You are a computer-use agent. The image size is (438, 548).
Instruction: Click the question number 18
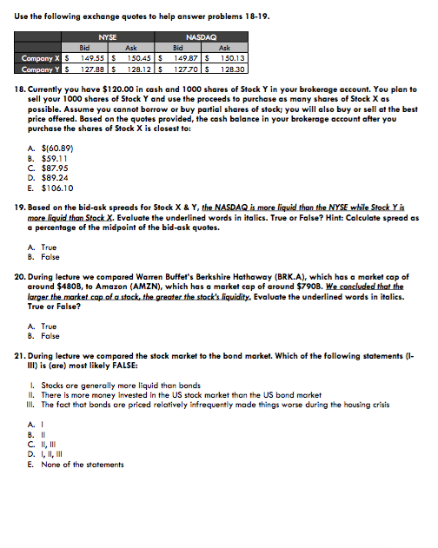[20, 89]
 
